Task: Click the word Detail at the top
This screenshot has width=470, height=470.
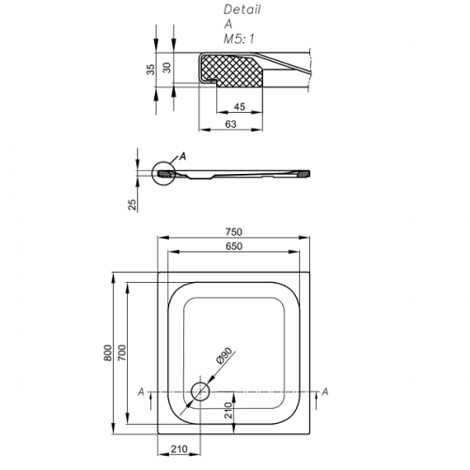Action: point(242,9)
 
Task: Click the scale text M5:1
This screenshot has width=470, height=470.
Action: point(239,39)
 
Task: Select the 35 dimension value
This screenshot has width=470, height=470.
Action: point(150,70)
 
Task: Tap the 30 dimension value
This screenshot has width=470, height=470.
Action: point(167,68)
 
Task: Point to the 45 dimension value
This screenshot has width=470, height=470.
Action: point(240,107)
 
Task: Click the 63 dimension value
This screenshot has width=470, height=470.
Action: point(230,124)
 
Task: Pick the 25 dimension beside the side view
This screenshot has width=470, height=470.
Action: point(133,205)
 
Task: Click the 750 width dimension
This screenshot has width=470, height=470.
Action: point(234,232)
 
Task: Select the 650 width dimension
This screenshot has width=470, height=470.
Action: point(234,246)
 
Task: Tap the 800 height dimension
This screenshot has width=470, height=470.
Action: point(108,352)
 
